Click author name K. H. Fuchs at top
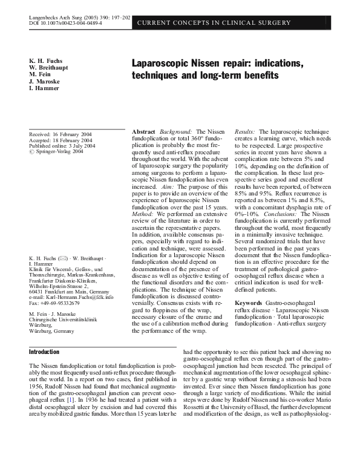(47, 61)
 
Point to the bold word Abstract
(143, 131)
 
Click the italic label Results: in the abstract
(244, 131)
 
